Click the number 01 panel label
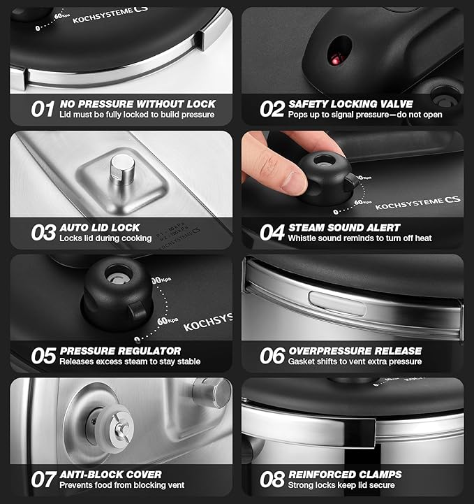[x=43, y=109]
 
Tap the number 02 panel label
[x=272, y=109]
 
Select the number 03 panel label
[x=43, y=233]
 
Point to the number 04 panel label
[x=272, y=233]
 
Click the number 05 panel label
[x=43, y=356]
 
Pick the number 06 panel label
[x=272, y=356]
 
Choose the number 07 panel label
[x=43, y=480]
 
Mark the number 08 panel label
[x=272, y=480]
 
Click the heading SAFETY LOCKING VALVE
[x=350, y=103]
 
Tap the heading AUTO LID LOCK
[x=100, y=227]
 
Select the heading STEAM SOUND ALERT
[x=344, y=227]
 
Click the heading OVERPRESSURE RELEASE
[x=355, y=350]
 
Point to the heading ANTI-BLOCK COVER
[x=110, y=474]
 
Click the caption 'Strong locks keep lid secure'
[x=341, y=485]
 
